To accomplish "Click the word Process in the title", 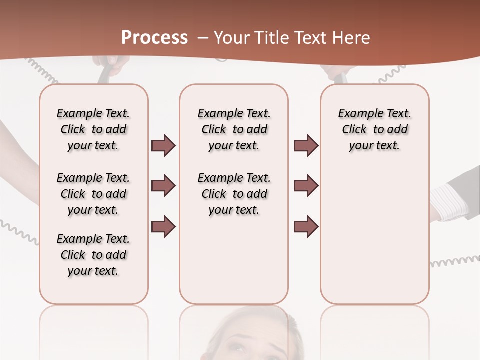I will coord(154,38).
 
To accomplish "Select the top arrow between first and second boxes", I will coord(163,146).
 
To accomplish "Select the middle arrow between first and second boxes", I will coord(163,186).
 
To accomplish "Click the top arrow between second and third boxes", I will coord(306,146).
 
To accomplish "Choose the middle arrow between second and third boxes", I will coord(306,186).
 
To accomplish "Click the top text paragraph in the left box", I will coord(93,129).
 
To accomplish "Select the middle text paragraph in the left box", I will coord(93,194).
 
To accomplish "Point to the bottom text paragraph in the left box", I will coord(93,255).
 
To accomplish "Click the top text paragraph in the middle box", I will coord(234,129).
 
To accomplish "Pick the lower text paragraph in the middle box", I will coord(234,194).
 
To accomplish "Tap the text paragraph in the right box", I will coord(375,129).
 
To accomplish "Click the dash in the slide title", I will coord(203,38).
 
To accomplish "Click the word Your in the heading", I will coord(231,38).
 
